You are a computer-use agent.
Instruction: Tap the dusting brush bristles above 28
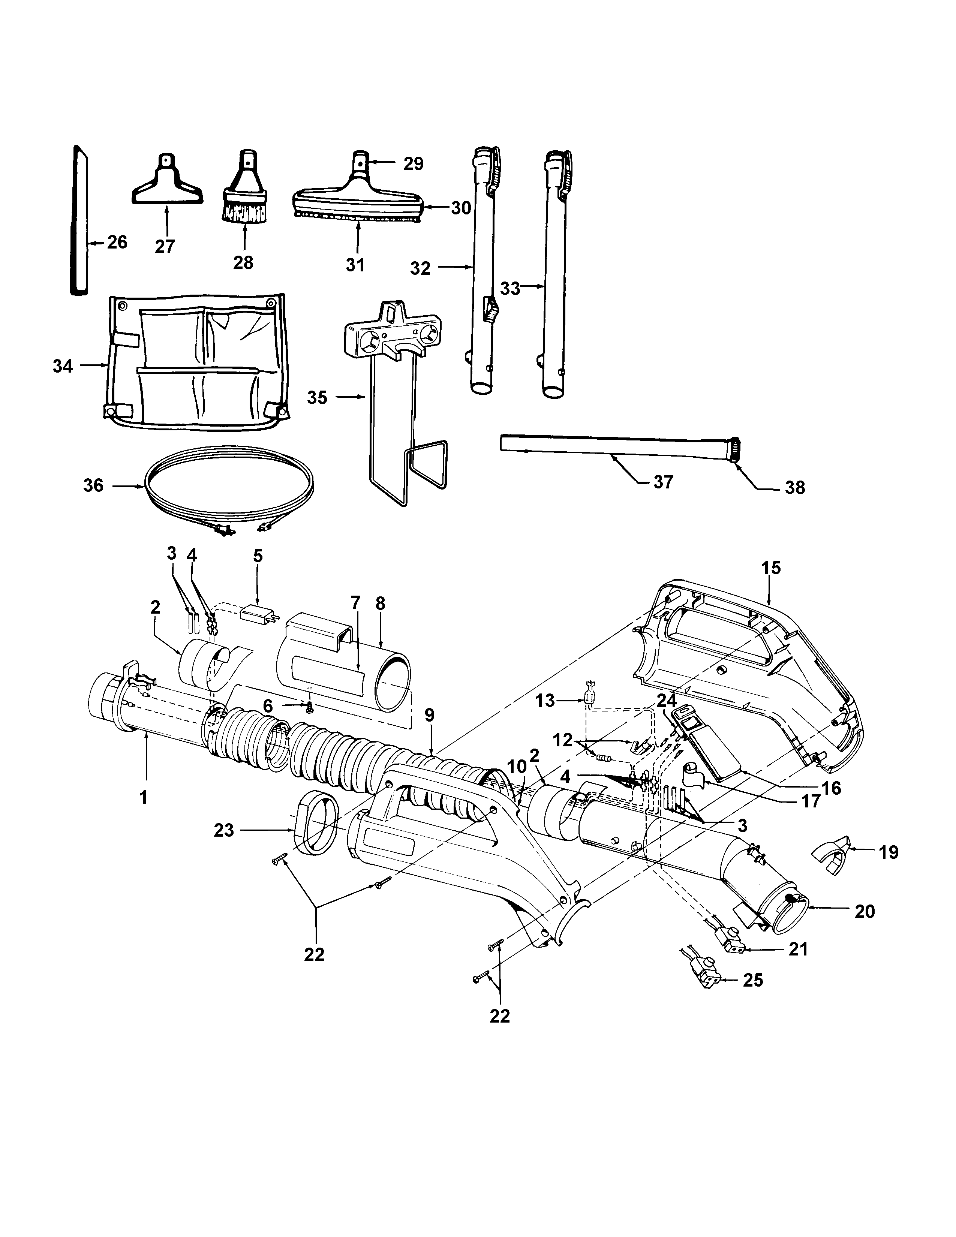coord(245,214)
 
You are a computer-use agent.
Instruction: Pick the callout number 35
coord(317,398)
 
